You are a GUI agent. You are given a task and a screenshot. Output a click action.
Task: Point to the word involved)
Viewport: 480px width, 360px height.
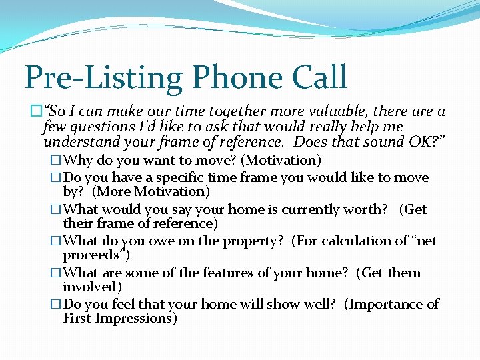[x=92, y=287]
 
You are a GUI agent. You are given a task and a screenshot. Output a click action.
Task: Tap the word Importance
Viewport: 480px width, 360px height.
[x=385, y=304]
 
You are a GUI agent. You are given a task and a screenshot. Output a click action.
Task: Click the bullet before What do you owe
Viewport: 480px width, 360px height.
[x=56, y=241]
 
